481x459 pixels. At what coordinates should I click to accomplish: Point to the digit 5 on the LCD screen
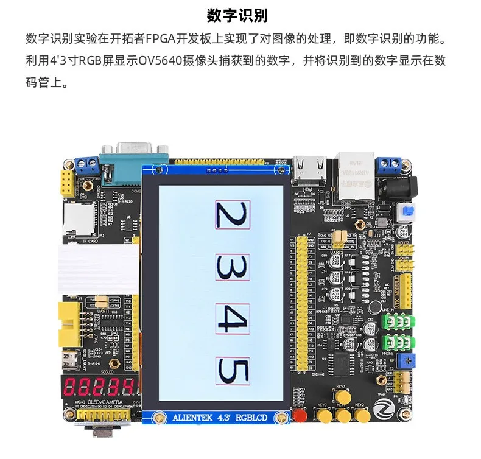coord(232,371)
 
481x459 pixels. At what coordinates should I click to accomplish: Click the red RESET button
coord(299,416)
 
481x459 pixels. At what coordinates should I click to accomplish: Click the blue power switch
coord(405,212)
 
